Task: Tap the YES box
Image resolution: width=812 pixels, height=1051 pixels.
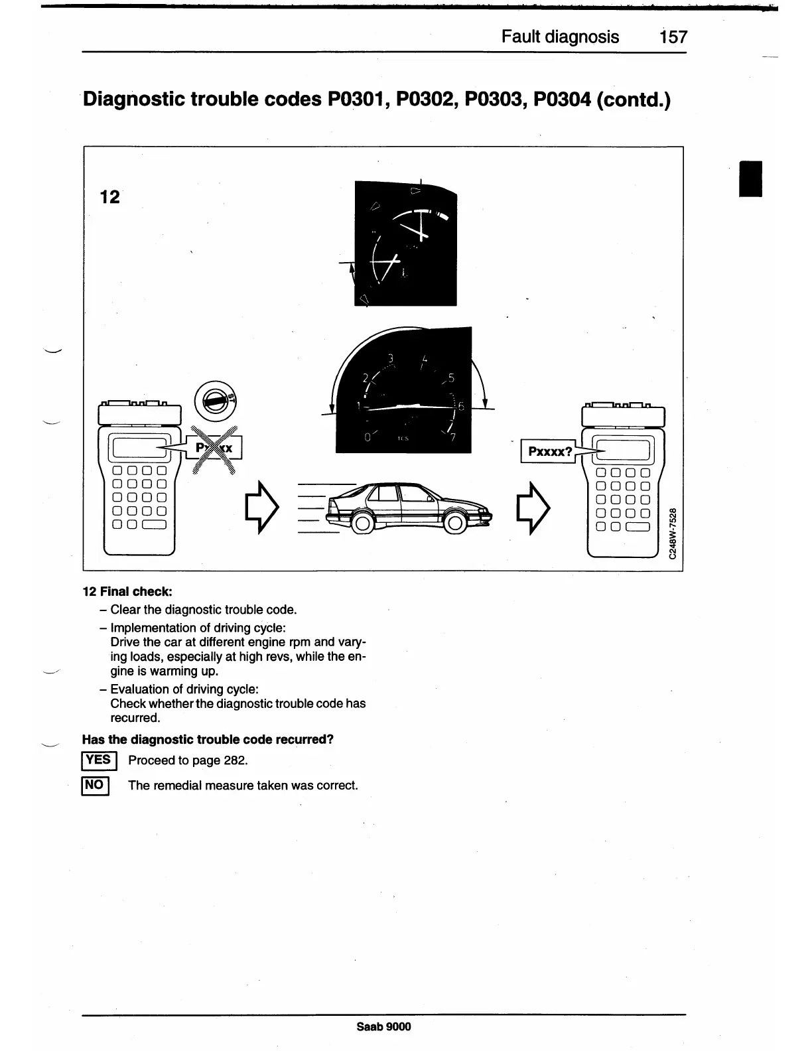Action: pos(99,760)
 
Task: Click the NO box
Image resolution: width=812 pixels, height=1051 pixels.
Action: pos(95,786)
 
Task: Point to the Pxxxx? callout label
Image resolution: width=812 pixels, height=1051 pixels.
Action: pos(549,452)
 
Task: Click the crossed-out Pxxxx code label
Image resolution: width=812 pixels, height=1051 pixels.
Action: pos(214,448)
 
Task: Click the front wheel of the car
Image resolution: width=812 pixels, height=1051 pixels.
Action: pos(454,524)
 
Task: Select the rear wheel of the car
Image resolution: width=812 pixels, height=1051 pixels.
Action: pos(362,524)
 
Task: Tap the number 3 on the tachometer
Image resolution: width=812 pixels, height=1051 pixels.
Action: pos(391,359)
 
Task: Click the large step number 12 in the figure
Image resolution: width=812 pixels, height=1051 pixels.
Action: pos(109,196)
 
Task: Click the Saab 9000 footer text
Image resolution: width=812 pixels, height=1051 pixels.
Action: pos(383,1026)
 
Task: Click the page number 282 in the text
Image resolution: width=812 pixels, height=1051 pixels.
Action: pos(234,760)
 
